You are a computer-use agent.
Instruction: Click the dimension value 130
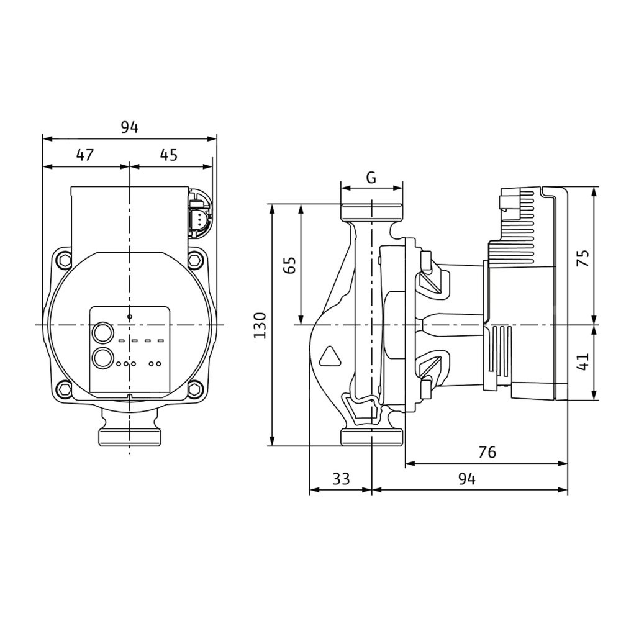pos(260,325)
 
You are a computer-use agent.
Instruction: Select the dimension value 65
pos(290,265)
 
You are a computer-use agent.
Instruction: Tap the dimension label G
pos(371,178)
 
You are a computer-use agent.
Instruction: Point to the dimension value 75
pos(584,258)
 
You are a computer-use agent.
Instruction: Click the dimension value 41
pos(582,361)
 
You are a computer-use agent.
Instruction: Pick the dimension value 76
pos(487,452)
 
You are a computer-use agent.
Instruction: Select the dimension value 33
pos(341,479)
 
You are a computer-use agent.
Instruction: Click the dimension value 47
pos(84,155)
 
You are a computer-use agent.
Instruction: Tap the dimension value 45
pos(169,155)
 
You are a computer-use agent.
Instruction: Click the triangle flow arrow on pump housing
pos(330,356)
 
